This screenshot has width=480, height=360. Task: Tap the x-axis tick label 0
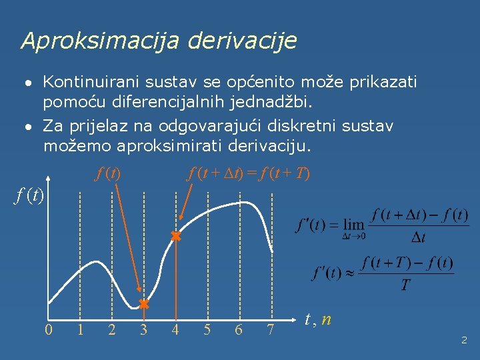click(49, 329)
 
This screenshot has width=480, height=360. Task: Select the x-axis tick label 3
click(143, 329)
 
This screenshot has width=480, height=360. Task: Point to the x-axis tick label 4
click(175, 329)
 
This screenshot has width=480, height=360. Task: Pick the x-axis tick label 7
click(271, 329)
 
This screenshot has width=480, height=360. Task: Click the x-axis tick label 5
click(207, 329)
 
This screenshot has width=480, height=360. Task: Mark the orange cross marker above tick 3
click(143, 304)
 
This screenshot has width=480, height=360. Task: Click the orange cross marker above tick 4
click(175, 236)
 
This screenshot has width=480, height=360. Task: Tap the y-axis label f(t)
click(29, 196)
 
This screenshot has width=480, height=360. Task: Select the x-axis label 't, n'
click(318, 319)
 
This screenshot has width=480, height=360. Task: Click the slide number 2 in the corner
click(464, 340)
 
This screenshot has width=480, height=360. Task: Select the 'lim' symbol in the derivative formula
click(353, 225)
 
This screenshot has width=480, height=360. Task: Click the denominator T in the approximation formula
click(406, 285)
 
